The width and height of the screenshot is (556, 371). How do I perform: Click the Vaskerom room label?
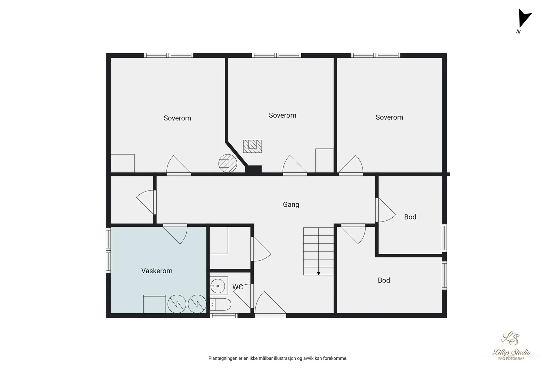pyautogui.click(x=157, y=271)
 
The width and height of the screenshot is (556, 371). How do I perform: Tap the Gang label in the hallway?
pyautogui.click(x=291, y=204)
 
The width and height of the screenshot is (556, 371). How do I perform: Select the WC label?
pyautogui.click(x=238, y=287)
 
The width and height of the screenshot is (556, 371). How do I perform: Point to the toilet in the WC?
pyautogui.click(x=221, y=304)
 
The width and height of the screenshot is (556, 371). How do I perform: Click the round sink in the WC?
pyautogui.click(x=218, y=286)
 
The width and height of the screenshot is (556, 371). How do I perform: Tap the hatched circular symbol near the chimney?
pyautogui.click(x=228, y=163)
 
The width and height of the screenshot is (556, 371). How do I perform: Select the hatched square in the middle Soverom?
pyautogui.click(x=252, y=146)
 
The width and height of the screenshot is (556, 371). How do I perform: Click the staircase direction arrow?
pyautogui.click(x=318, y=273)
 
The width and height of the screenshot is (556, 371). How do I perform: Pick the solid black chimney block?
pyautogui.click(x=253, y=169)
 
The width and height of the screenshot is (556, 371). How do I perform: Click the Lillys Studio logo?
pyautogui.click(x=511, y=346)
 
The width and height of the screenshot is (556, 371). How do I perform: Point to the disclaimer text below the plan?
pyautogui.click(x=278, y=358)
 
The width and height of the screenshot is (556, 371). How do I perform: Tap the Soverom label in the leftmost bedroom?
pyautogui.click(x=177, y=118)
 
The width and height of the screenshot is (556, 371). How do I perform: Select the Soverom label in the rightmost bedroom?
pyautogui.click(x=389, y=117)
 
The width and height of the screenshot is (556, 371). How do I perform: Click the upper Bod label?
pyautogui.click(x=410, y=217)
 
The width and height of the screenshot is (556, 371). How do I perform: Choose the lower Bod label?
pyautogui.click(x=384, y=280)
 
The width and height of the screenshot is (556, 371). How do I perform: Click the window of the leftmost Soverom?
pyautogui.click(x=169, y=55)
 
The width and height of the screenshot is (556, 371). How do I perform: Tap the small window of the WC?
pyautogui.click(x=224, y=316)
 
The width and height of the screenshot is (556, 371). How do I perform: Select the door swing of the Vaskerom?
pyautogui.click(x=175, y=234)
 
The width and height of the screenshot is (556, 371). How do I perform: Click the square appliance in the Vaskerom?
pyautogui.click(x=154, y=304)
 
